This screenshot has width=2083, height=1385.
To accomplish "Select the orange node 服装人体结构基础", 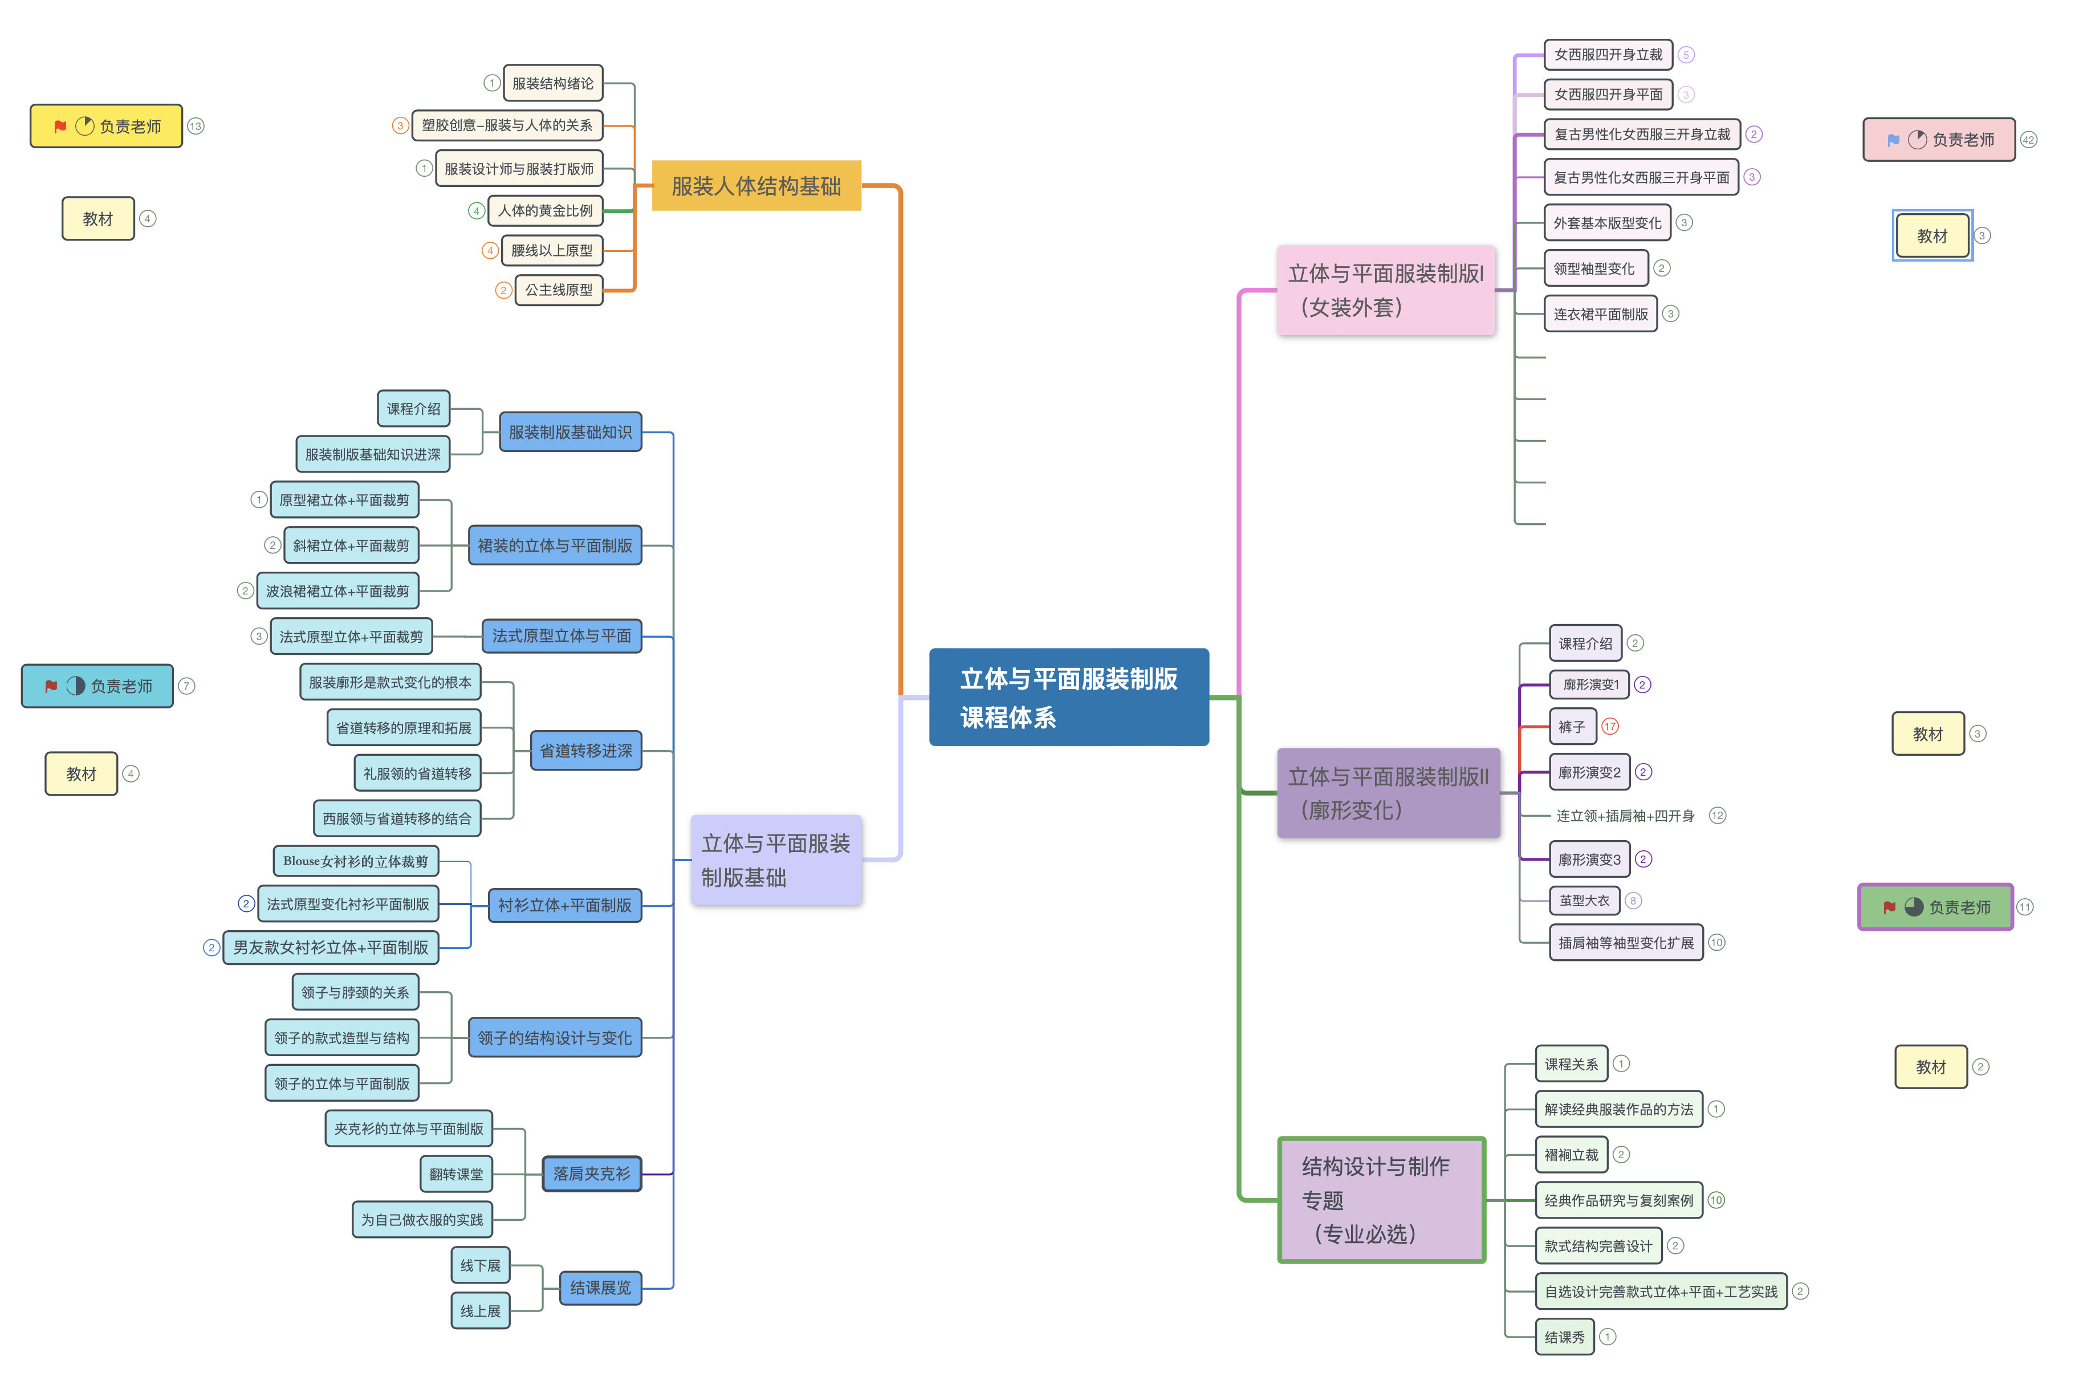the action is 756,185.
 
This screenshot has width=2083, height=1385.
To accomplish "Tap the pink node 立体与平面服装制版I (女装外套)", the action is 1385,290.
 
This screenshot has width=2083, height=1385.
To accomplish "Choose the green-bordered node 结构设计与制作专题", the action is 1382,1200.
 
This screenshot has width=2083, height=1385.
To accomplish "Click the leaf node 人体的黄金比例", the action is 545,210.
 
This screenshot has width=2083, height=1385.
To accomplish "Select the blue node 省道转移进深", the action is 585,751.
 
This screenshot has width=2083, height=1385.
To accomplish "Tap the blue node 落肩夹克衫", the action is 592,1174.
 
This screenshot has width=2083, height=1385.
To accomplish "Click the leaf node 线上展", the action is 481,1311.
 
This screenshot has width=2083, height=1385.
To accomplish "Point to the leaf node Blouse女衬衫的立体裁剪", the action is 356,860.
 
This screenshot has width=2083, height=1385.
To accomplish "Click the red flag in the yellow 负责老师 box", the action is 60,127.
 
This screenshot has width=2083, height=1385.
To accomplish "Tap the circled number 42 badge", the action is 2028,140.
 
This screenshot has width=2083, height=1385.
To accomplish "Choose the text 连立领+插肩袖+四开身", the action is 1625,815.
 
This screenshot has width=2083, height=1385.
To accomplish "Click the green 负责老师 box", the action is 1935,907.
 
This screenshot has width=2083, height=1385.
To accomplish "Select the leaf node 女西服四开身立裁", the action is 1608,55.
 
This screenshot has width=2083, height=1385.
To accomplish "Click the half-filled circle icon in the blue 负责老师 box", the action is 76,686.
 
